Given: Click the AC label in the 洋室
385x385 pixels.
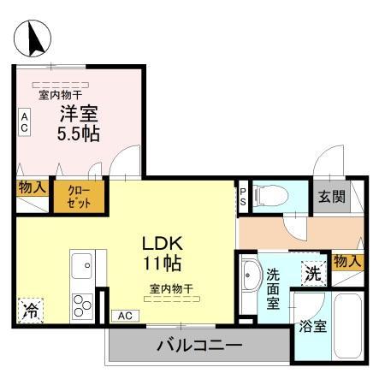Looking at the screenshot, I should tap(25, 122).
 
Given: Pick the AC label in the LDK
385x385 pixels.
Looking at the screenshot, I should tap(125, 316).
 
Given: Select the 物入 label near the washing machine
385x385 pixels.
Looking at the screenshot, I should tap(347, 260).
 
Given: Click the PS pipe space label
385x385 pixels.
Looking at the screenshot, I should tap(243, 197).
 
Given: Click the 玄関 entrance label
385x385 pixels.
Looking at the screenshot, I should tap(333, 197).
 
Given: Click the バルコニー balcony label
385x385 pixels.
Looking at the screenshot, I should tap(199, 347).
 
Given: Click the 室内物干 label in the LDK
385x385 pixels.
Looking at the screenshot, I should tap(170, 289).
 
